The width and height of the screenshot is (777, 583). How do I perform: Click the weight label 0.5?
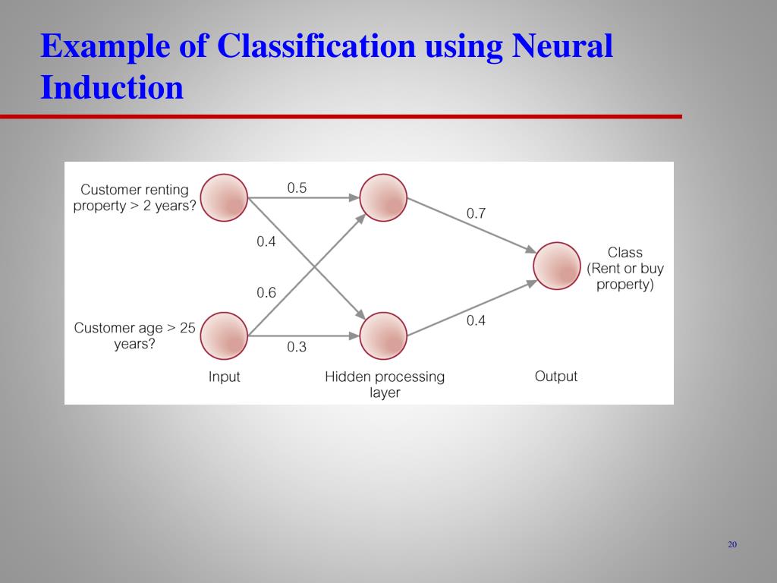tap(297, 188)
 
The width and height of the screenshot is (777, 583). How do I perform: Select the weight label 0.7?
tap(476, 214)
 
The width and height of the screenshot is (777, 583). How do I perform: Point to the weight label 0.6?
tap(266, 292)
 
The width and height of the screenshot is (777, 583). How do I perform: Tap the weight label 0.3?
tap(297, 347)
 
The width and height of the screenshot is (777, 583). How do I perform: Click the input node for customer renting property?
tap(225, 198)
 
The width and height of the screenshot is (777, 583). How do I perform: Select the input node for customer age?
tap(225, 336)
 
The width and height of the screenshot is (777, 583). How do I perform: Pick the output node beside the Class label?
tap(557, 266)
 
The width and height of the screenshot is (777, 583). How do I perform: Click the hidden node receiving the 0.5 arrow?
tap(383, 198)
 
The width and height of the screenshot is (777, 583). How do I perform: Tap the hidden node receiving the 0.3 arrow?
tap(383, 336)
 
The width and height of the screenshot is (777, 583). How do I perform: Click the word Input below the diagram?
tap(224, 377)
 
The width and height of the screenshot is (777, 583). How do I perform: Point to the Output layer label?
tap(556, 377)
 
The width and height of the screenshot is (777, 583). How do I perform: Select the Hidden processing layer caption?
tap(385, 384)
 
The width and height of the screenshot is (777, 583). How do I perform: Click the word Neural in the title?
tap(562, 47)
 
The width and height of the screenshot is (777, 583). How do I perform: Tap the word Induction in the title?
tap(112, 87)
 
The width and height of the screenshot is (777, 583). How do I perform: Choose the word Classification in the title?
tap(316, 47)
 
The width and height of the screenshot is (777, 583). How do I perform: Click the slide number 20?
tap(732, 544)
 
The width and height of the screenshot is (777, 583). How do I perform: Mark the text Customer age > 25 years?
tap(134, 336)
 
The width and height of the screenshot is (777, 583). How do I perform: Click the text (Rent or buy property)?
tap(624, 276)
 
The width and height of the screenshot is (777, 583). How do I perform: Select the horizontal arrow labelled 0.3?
tap(304, 336)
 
